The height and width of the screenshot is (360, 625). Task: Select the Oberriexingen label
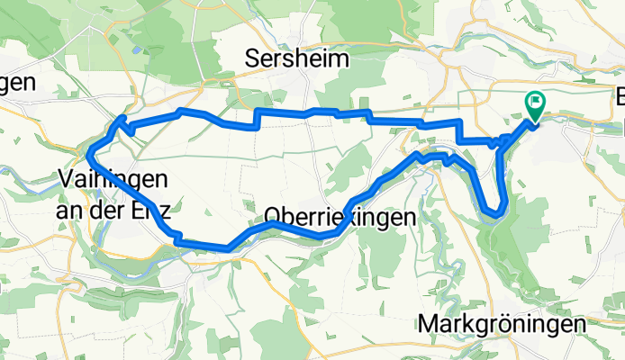[x=340, y=216]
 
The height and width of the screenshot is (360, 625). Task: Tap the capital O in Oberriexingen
[x=274, y=216]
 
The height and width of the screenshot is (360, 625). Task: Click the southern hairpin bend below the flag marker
[x=494, y=212]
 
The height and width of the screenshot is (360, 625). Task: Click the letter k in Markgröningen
[x=476, y=323]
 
